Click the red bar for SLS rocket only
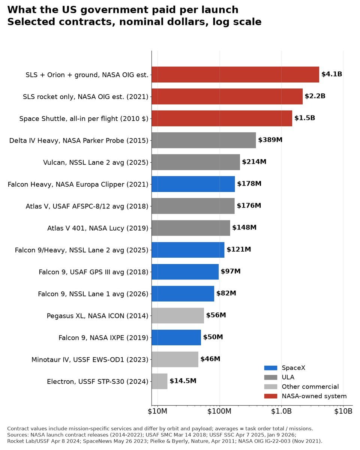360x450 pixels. [227, 96]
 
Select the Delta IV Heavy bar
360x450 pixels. [204, 140]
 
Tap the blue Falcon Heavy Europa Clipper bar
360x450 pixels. [193, 184]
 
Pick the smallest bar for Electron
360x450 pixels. [159, 381]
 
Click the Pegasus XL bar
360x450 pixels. [178, 315]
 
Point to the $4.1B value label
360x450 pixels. [331, 74]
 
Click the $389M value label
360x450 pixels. [270, 139]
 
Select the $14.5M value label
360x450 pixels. [183, 381]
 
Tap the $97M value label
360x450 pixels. [231, 271]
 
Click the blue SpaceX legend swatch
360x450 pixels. [270, 368]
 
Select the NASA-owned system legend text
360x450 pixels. [314, 396]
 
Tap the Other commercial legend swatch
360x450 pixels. [270, 387]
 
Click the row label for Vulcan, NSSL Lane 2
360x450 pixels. [96, 162]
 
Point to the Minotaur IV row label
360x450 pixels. [90, 360]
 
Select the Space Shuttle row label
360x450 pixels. [84, 118]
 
